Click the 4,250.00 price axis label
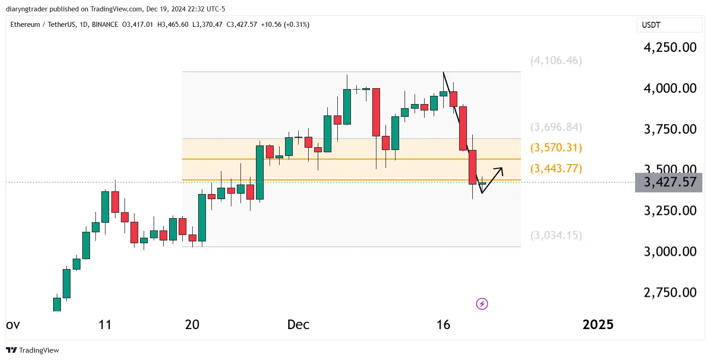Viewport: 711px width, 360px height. (x=670, y=47)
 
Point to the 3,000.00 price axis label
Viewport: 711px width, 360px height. (x=670, y=251)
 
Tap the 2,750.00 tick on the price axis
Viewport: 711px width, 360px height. (x=670, y=292)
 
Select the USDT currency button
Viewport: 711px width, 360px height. (x=651, y=25)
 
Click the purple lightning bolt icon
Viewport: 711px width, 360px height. (x=482, y=304)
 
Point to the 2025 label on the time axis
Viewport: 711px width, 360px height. (x=598, y=325)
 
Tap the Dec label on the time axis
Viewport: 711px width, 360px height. (x=298, y=325)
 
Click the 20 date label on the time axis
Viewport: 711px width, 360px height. (x=192, y=325)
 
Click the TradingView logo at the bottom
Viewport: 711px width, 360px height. (x=33, y=350)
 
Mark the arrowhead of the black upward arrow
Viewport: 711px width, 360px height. (x=501, y=169)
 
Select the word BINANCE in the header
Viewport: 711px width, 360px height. (x=105, y=25)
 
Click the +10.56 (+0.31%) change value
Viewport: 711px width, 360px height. (x=285, y=25)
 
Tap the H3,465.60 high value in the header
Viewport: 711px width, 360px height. (x=173, y=25)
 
